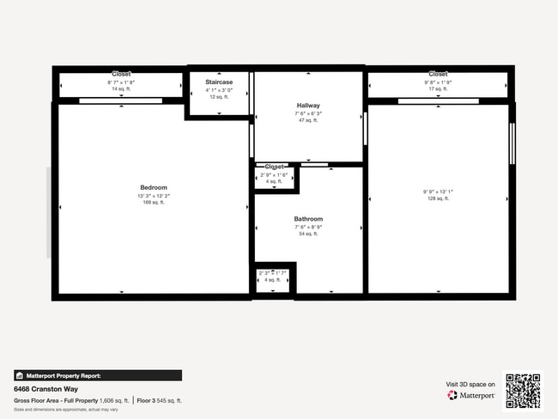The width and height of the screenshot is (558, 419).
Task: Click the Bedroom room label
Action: [x=154, y=187]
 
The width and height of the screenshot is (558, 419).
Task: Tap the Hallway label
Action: [x=308, y=106]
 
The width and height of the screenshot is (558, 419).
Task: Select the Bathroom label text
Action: [x=308, y=219]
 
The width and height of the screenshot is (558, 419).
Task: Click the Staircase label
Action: [x=219, y=82]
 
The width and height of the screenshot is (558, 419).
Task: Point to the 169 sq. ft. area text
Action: [x=154, y=203]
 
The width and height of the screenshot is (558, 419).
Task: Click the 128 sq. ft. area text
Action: [x=437, y=198]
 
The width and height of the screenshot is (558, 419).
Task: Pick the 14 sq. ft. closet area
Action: [x=121, y=89]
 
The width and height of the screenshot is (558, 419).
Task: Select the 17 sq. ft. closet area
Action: [x=438, y=89]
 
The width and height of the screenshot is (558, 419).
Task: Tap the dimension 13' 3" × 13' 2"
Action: [x=154, y=196]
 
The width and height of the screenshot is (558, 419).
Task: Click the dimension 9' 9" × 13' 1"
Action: [x=437, y=191]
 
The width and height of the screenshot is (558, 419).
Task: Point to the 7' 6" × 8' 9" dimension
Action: [x=308, y=227]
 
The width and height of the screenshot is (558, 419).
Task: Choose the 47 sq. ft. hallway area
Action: [x=308, y=120]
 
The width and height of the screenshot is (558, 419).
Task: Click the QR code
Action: [x=523, y=390]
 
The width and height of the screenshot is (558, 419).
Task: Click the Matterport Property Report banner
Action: [x=97, y=375]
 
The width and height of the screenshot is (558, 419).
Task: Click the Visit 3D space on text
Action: [x=470, y=384]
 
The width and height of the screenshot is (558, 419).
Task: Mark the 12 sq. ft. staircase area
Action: [x=219, y=97]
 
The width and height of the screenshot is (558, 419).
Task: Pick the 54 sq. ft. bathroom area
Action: [x=308, y=234]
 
